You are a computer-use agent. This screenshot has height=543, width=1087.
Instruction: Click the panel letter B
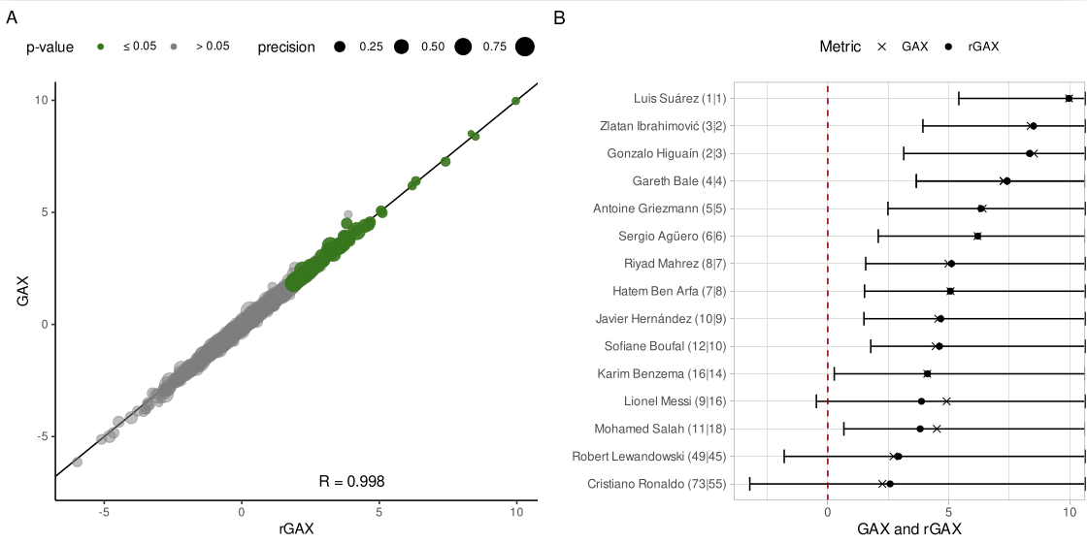pos(559,16)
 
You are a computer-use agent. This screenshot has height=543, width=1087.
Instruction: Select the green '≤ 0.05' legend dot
pos(101,47)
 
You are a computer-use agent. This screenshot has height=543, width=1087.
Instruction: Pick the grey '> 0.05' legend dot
pos(174,47)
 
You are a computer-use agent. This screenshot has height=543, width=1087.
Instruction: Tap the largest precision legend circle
pos(525,47)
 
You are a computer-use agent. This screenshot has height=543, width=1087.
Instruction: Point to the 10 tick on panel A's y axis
pos(42,101)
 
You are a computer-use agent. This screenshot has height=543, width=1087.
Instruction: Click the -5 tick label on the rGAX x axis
pos(104,513)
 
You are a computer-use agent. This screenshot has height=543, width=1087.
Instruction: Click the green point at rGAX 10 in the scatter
pos(515,101)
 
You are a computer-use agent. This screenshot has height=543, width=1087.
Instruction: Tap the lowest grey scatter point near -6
pos(78,463)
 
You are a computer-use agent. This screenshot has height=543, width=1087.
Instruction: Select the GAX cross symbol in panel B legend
pos(882,47)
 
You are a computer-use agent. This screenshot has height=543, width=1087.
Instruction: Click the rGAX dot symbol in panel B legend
pos(949,47)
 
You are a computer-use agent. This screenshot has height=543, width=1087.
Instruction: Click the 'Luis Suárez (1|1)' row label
pos(679,98)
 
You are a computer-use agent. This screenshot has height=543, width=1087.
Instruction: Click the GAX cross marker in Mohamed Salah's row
pos(937,429)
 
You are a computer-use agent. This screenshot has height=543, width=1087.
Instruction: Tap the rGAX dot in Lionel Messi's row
pos(921,401)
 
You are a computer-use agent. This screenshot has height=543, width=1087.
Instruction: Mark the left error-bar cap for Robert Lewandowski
pos(784,457)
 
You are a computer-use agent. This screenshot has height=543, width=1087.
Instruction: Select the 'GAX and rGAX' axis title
pos(909,528)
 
